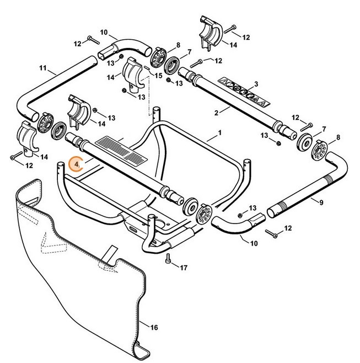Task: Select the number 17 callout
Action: point(184,268)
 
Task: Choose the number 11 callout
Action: point(43,70)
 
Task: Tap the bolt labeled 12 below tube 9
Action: point(271,234)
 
